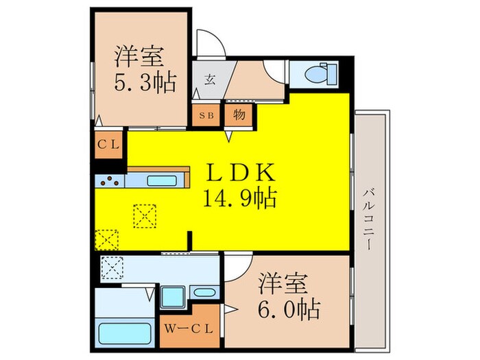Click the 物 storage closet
(x=239, y=115)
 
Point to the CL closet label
(x=108, y=145)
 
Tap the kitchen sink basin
(x=163, y=182)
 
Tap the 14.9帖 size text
(x=239, y=200)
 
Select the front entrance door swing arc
(x=210, y=43)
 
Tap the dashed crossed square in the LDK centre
(x=145, y=216)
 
